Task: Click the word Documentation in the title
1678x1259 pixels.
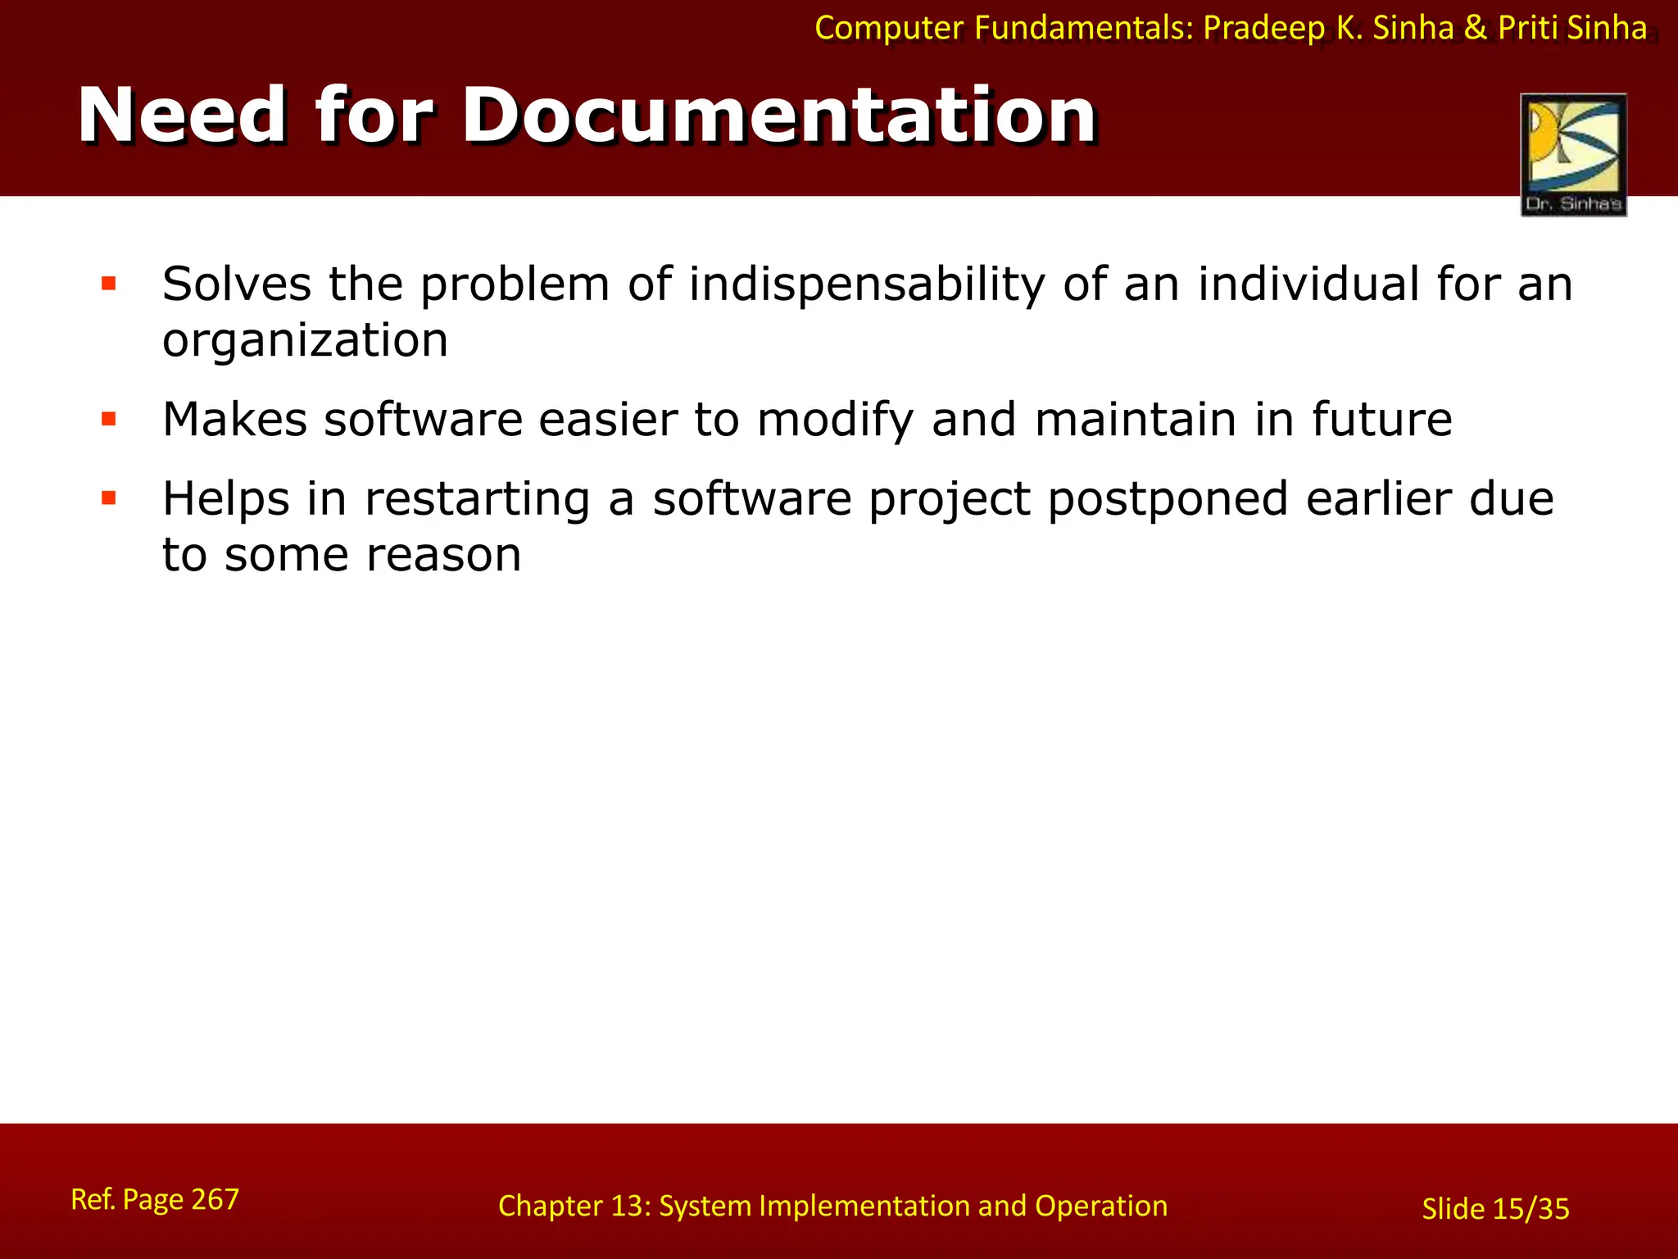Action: (x=778, y=116)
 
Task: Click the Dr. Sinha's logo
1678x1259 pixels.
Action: (x=1573, y=154)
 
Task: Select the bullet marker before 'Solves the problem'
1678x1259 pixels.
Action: (x=108, y=284)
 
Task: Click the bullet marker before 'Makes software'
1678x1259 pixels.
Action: (x=108, y=420)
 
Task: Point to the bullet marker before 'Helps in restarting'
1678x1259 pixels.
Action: (x=108, y=498)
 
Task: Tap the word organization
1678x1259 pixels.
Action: (x=305, y=340)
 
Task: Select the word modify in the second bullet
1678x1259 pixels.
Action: (x=835, y=420)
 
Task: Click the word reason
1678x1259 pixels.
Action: (x=443, y=556)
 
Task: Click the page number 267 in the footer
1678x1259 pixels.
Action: (x=215, y=1199)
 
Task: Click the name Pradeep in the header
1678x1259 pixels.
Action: (x=1263, y=29)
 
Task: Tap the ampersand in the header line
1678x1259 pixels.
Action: (x=1476, y=29)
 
